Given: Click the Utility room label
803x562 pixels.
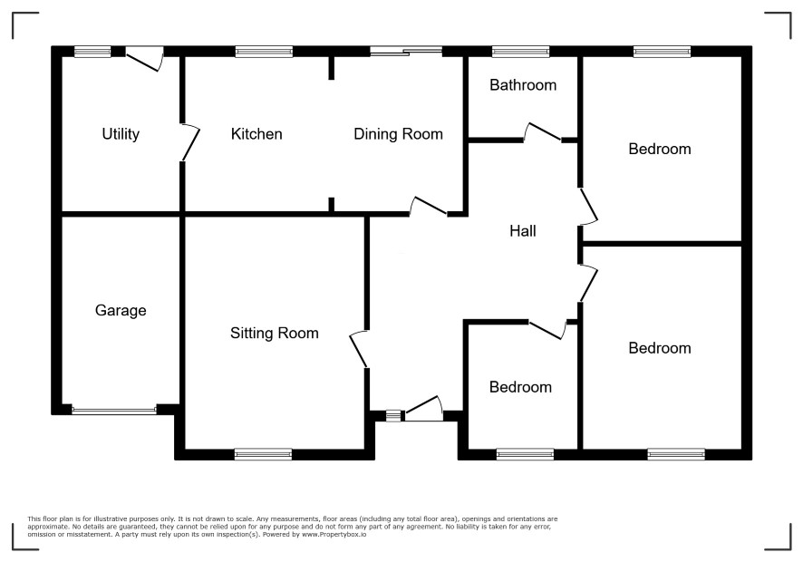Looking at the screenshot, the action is tap(121, 134).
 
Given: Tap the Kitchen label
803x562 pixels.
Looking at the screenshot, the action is tap(256, 134).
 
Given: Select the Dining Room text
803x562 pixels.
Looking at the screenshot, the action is tap(399, 134).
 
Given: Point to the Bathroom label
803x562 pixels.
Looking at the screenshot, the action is tap(523, 85).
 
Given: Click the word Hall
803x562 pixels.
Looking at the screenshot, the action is tap(523, 231).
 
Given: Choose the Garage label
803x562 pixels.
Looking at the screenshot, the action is tap(121, 310).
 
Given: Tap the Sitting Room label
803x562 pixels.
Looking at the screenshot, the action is tap(275, 334).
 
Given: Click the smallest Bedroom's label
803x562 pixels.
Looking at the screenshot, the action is tap(520, 387).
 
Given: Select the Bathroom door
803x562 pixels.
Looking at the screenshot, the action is tap(543, 132).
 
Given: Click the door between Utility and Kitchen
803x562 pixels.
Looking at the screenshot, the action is tap(189, 142).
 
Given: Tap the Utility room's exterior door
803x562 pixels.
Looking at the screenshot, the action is tap(144, 60).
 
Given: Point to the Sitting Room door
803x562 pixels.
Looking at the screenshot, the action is tap(359, 349).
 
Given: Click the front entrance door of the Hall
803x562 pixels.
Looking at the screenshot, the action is tap(424, 408).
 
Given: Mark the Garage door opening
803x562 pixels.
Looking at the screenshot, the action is tap(114, 410).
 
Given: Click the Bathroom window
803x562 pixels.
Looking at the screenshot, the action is tap(520, 52).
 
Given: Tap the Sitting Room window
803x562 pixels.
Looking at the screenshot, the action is tap(263, 454).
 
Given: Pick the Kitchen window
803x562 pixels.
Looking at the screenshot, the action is tap(265, 52).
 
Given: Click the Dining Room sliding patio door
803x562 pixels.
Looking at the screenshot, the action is tap(406, 51).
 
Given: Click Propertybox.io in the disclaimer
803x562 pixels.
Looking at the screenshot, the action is tap(334, 534).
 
